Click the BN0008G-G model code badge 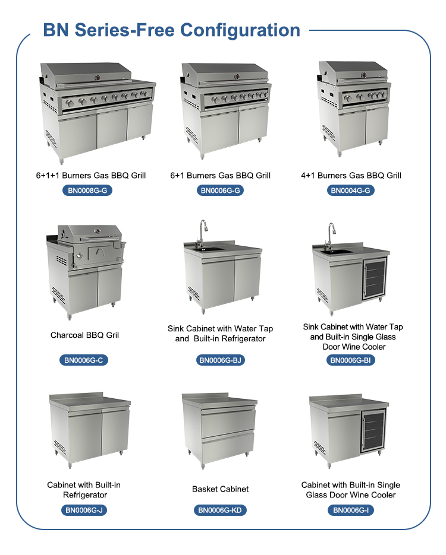click(x=87, y=191)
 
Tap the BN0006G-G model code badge click(x=220, y=191)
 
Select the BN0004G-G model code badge click(x=350, y=191)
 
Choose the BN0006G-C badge click(x=84, y=360)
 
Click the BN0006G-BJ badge click(x=220, y=360)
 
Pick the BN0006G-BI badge click(x=350, y=360)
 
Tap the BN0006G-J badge click(x=84, y=510)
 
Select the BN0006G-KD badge click(x=220, y=510)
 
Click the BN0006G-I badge click(x=351, y=510)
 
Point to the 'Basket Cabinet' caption click(x=220, y=489)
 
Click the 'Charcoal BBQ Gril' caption click(x=84, y=335)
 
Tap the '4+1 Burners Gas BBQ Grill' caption click(x=351, y=175)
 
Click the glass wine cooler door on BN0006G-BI click(x=374, y=279)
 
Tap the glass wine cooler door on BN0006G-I click(x=373, y=431)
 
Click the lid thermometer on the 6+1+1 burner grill click(x=98, y=78)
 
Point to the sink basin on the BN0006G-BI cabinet click(x=336, y=252)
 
